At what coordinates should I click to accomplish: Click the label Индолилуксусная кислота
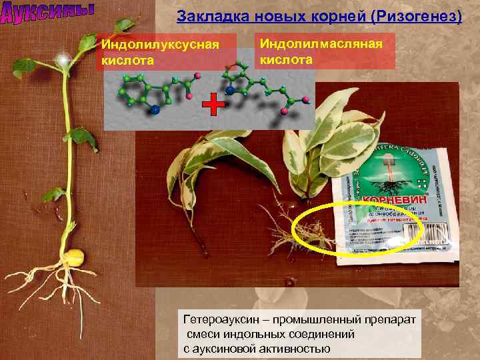[x=159, y=52]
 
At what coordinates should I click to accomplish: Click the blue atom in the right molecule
[x=230, y=89]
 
